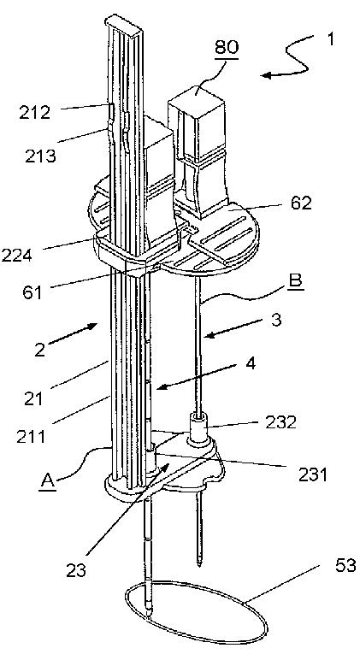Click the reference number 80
coord(227,47)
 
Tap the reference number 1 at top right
coord(330,39)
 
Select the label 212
coord(34,113)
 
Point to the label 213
coord(40,156)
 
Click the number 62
coord(300,203)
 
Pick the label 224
coord(17,255)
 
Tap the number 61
coord(32,292)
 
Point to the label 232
coord(280,422)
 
